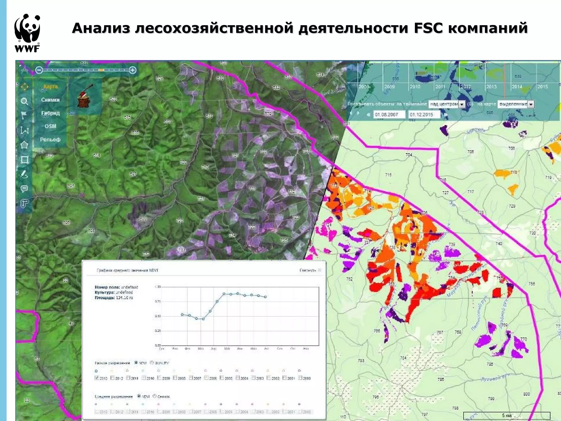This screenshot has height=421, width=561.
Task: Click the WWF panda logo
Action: pos(27,33)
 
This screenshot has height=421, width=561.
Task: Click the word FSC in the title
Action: pos(428,28)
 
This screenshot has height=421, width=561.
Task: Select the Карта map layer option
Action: pos(50,87)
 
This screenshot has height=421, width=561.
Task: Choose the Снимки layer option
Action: pos(50,100)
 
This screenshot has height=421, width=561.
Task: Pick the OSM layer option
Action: pos(50,126)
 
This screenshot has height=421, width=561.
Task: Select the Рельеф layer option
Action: pos(50,140)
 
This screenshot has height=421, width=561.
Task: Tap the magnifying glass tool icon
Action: pos(24,101)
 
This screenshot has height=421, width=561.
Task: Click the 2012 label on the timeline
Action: pos(465,87)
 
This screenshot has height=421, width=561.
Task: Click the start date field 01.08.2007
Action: pos(388,115)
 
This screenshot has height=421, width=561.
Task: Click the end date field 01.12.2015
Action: pos(423,115)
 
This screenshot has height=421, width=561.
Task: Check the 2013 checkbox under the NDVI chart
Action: pos(96,378)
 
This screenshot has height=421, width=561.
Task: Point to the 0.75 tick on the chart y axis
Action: pos(158,301)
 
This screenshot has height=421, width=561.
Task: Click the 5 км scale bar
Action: pos(506,416)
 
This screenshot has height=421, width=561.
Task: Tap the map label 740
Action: pos(499,243)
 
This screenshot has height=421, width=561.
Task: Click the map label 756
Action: pos(531,284)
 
